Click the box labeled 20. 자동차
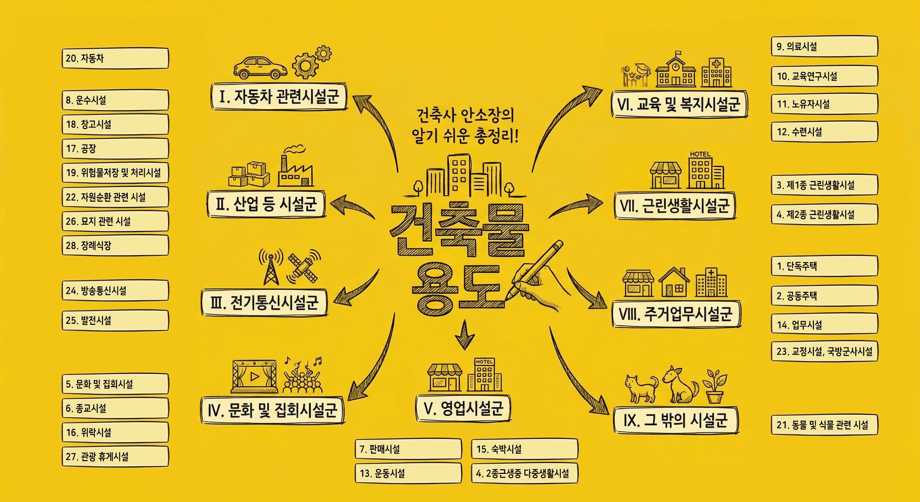coord(115,58)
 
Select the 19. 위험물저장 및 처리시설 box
coord(115,173)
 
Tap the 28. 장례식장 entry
coord(115,245)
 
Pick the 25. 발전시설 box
coord(115,320)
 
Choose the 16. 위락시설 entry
coord(115,432)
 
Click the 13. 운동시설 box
coord(408,474)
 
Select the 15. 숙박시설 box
coord(524,449)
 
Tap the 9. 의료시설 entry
coord(824,46)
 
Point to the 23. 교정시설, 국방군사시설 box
coord(824,352)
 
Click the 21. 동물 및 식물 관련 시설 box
coord(824,425)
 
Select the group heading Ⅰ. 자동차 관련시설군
coord(279,97)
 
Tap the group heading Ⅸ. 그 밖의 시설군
coord(676,421)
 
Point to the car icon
coord(260,67)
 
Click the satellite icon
coord(303,269)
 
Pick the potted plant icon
coord(715,386)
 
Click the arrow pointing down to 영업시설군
coord(464,335)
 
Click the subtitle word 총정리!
coord(497,136)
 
